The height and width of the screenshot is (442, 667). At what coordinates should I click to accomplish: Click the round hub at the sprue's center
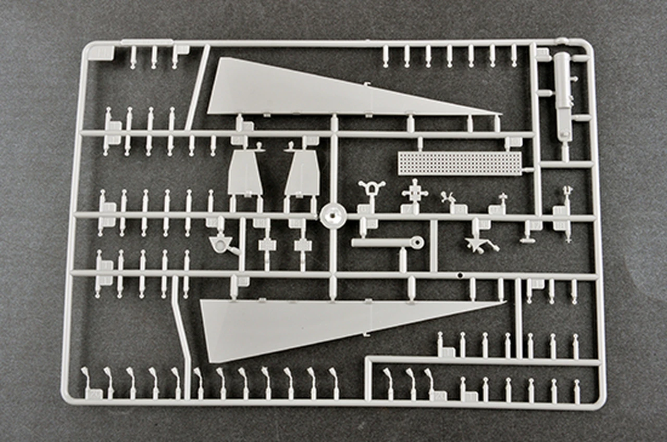[x=332, y=215]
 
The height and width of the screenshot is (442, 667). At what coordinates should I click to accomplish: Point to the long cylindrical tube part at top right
[x=562, y=96]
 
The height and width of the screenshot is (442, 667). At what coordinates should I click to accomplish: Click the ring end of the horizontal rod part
[x=417, y=241]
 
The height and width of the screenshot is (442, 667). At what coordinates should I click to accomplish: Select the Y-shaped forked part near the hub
[x=371, y=188]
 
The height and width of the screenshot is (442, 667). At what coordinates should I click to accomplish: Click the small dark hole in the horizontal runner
[x=460, y=274]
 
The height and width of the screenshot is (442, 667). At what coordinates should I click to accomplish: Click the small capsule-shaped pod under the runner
[x=527, y=241]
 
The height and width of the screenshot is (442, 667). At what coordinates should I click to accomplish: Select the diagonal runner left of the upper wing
[x=197, y=89]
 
